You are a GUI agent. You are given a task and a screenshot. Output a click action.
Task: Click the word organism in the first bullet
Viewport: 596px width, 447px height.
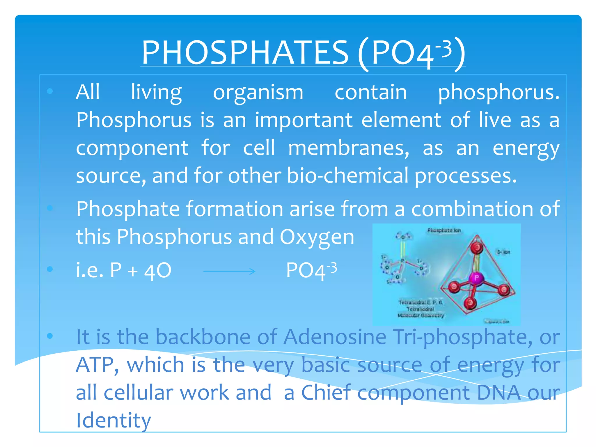(x=258, y=93)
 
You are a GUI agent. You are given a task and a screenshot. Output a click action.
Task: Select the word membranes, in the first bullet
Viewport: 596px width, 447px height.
(x=348, y=148)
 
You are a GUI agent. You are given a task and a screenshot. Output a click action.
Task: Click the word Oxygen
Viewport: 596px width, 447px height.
(x=317, y=237)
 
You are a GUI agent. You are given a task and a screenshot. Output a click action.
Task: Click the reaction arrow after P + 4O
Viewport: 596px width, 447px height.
(x=229, y=272)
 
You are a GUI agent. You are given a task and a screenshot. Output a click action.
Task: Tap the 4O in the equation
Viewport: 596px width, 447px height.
(x=158, y=271)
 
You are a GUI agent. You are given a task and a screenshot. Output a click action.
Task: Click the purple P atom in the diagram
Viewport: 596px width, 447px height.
(x=476, y=278)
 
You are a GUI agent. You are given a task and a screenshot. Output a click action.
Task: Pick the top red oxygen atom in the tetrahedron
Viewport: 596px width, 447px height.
(x=477, y=247)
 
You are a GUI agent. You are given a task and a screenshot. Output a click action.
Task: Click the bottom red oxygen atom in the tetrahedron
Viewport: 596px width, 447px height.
(x=470, y=303)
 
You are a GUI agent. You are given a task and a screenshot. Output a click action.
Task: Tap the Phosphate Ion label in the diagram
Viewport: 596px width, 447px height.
(x=444, y=230)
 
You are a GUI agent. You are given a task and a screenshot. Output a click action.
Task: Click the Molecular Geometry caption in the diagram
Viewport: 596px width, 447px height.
(x=421, y=315)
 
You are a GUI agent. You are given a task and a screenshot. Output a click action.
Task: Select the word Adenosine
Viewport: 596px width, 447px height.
(x=335, y=337)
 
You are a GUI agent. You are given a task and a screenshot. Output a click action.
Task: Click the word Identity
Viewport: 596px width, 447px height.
(x=113, y=421)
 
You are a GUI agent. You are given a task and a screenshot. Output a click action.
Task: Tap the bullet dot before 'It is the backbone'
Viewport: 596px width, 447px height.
(x=50, y=336)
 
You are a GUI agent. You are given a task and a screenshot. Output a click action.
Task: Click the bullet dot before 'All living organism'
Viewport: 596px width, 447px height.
(x=50, y=91)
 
